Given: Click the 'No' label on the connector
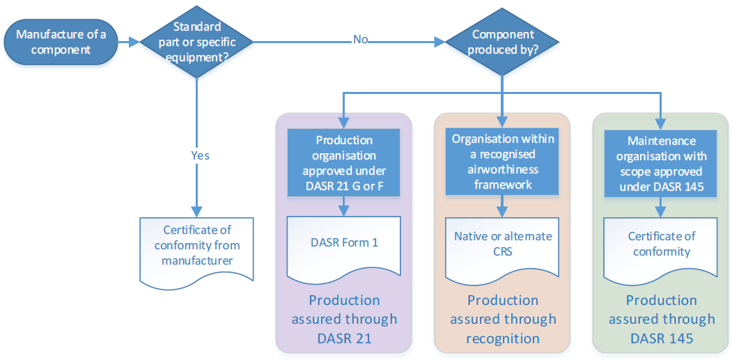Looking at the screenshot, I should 360,40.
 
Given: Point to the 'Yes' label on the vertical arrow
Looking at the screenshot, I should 200,155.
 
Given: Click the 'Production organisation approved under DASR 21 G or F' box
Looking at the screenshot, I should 345,162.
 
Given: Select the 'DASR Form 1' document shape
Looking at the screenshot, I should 345,244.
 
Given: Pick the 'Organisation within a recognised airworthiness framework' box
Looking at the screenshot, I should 503,162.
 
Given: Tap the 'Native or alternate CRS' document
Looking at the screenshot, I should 503,244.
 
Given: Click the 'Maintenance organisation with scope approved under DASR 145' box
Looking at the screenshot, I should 660,162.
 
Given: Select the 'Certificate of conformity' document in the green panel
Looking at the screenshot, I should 660,244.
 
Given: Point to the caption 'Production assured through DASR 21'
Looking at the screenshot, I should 345,320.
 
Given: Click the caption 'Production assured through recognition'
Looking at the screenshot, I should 503,320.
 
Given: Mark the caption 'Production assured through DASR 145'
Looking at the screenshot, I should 661,320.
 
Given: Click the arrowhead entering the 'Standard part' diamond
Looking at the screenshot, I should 134,42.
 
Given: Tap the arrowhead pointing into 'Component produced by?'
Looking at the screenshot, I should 439,42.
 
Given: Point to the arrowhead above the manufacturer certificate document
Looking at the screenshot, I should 196,211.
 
